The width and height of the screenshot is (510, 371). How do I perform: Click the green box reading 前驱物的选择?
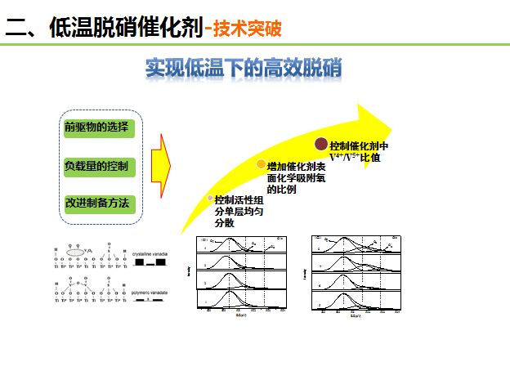97,128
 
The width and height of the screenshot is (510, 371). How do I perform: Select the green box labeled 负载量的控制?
97,166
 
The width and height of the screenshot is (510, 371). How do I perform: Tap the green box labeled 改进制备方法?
97,203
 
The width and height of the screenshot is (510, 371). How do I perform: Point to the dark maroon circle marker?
321,145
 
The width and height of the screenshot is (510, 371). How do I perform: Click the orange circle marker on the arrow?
261,164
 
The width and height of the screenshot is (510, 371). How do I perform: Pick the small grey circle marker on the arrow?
209,199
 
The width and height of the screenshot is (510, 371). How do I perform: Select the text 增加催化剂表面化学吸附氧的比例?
296,177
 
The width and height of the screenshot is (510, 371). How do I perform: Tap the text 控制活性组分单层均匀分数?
239,211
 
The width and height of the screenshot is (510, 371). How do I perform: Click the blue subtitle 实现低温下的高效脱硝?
243,68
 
